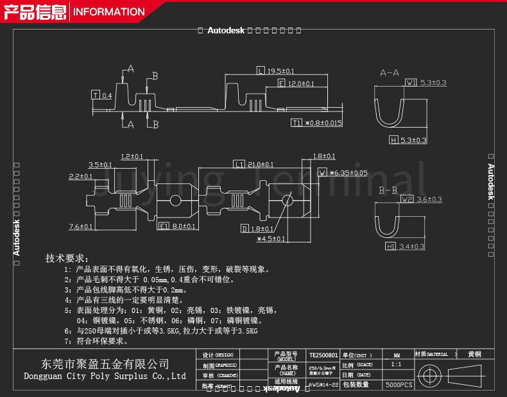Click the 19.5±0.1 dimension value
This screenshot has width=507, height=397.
280,71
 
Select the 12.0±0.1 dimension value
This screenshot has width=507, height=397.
300,84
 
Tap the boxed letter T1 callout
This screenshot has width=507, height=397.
296,122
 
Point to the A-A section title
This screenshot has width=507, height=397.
389,73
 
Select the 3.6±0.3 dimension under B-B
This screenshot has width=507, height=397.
429,199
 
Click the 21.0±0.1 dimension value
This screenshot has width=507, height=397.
261,165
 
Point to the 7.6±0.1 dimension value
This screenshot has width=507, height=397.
80,226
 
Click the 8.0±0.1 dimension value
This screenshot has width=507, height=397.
184,226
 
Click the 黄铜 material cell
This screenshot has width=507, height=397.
474,354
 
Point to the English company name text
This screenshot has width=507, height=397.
105,376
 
